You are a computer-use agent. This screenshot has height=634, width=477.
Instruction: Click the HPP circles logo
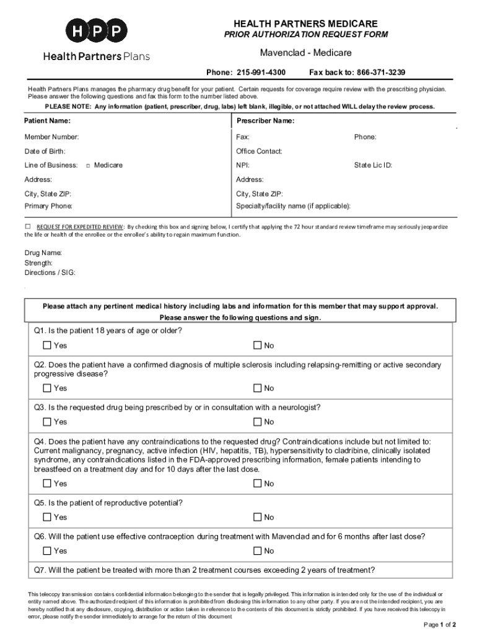tap(97, 31)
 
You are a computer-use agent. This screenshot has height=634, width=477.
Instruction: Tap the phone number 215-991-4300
tap(261, 72)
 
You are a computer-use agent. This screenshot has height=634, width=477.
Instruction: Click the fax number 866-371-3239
tap(375, 72)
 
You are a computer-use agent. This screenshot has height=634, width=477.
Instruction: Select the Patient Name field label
tap(47, 121)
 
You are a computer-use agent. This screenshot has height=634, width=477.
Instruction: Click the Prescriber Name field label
tap(265, 121)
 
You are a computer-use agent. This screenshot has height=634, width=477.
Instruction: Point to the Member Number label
tap(51, 137)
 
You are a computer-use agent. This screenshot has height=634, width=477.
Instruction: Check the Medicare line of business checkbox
tap(88, 166)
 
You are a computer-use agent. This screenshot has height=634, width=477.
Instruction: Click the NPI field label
tap(243, 165)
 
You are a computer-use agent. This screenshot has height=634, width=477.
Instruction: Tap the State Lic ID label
tap(373, 165)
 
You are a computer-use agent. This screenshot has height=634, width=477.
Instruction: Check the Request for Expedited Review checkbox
tap(28, 227)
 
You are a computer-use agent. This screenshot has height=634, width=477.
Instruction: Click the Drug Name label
tap(43, 253)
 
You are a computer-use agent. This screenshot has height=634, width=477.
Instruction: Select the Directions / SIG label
tap(50, 273)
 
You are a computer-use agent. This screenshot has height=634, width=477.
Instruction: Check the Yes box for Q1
tap(47, 345)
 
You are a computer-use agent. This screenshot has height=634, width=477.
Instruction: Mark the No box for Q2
tap(258, 388)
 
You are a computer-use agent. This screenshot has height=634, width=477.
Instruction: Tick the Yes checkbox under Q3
tap(47, 422)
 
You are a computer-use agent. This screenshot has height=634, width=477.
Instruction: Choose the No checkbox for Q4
tap(258, 484)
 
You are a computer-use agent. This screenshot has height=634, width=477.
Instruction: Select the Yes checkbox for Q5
tap(47, 517)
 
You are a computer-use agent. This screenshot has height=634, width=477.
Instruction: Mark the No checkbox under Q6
tap(258, 550)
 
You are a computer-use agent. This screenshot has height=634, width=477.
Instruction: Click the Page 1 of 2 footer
tap(440, 624)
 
